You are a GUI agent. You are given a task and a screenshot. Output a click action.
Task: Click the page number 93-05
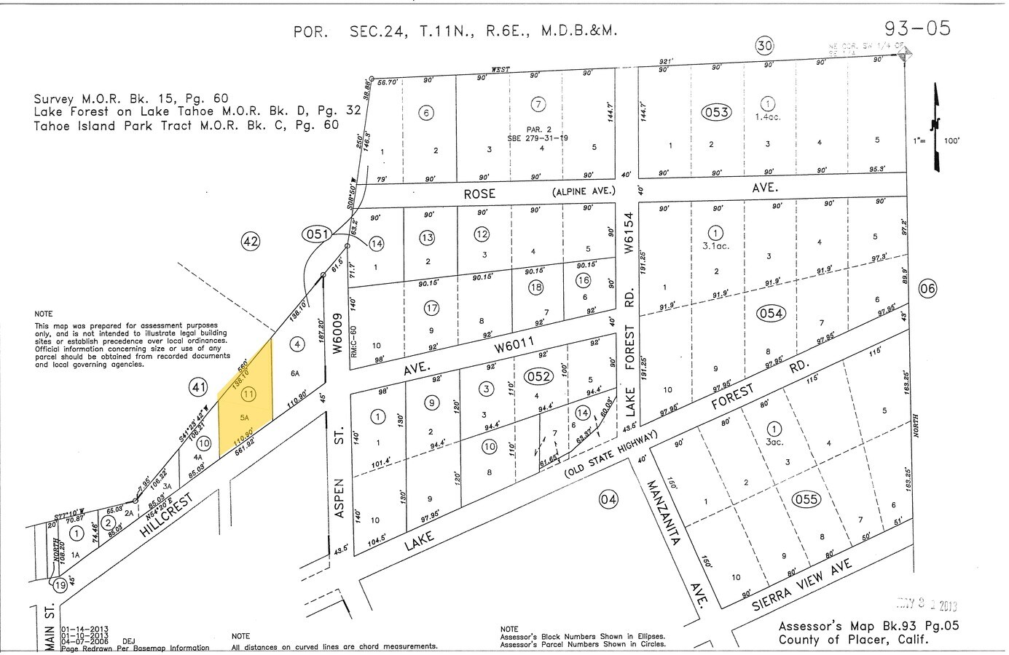click(917, 28)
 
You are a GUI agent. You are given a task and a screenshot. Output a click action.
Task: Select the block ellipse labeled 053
click(716, 112)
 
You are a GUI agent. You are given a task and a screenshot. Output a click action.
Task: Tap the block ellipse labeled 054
click(771, 313)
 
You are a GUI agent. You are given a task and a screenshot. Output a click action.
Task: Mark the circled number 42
click(250, 241)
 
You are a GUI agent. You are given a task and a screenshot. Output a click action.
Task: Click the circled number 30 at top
click(763, 46)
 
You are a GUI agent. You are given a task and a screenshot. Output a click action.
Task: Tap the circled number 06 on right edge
click(927, 288)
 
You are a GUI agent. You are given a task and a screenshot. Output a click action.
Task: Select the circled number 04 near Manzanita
click(608, 499)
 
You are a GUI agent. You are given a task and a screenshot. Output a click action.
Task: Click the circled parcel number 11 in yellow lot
click(248, 394)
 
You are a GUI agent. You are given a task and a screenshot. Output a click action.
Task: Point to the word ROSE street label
click(479, 194)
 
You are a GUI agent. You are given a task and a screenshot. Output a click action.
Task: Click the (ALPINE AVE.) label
click(584, 191)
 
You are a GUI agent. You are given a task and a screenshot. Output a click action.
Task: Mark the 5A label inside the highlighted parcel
click(245, 418)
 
